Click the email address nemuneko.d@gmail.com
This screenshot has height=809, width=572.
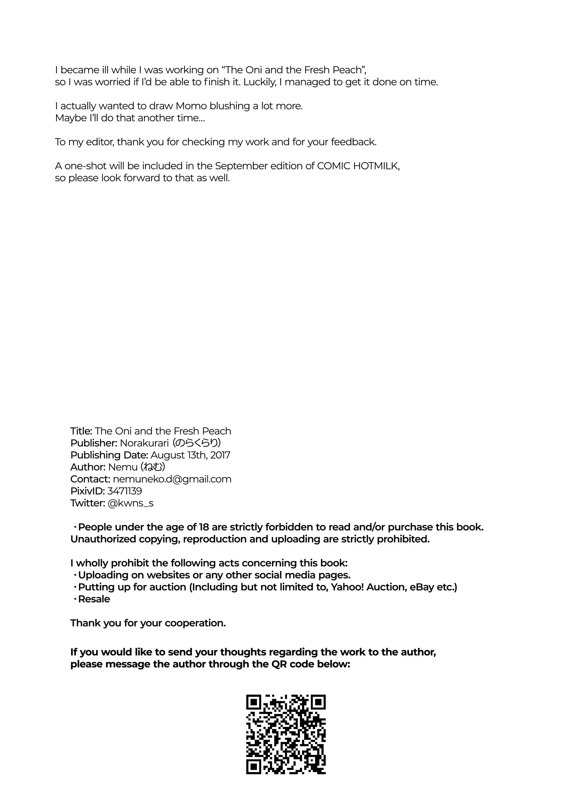[172, 479]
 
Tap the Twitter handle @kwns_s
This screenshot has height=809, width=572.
[130, 503]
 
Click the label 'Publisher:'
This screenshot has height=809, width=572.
[94, 443]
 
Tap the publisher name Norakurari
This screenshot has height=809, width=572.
[144, 443]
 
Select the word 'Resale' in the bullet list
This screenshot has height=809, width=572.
[94, 599]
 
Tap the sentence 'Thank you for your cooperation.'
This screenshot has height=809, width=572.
[148, 623]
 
